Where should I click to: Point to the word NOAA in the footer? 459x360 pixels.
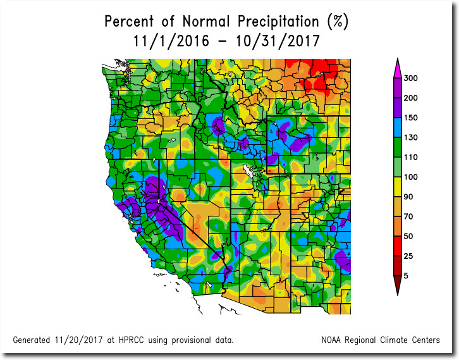334,340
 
